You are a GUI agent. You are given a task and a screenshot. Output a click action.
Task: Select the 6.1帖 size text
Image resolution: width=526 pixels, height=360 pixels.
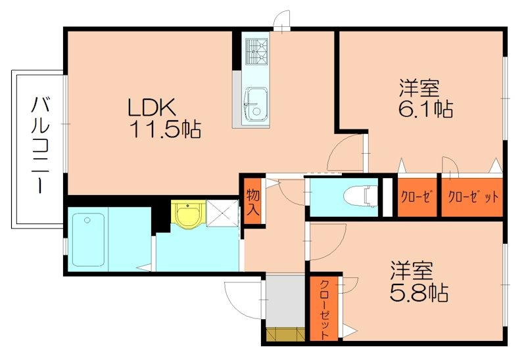point(425,107)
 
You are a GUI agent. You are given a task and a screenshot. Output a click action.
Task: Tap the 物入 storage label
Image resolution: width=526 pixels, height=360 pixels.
point(253,203)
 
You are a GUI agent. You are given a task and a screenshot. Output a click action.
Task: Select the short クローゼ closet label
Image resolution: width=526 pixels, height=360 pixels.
point(418,197)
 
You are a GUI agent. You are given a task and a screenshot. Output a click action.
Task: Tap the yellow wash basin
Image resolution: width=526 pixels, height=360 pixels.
point(188,214)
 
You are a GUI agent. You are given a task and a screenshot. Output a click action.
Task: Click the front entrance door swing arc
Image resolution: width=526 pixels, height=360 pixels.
point(242,299)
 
